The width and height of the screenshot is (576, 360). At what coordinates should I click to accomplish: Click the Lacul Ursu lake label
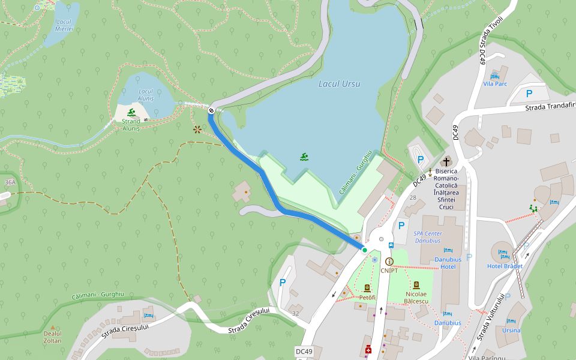coord(340,84)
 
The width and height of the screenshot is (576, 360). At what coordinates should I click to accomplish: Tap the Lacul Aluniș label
coord(146,94)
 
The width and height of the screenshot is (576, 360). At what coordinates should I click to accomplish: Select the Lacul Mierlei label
coord(64,25)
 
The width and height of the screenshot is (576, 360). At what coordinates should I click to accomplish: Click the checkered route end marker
coord(211,110)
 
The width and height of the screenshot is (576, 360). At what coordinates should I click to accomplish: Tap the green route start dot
coord(364,250)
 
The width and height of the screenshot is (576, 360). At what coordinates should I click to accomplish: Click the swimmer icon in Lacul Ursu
coord(305,157)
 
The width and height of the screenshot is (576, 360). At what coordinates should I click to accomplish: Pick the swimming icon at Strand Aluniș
coord(131,112)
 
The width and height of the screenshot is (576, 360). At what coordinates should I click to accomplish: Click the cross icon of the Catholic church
coord(446,161)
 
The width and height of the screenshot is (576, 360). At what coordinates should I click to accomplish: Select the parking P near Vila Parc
coord(529,93)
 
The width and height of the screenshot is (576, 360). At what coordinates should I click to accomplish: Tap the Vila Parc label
coord(495,83)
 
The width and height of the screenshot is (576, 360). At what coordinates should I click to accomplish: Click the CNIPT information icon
coord(389,262)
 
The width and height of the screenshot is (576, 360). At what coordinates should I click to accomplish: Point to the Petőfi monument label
coord(367,298)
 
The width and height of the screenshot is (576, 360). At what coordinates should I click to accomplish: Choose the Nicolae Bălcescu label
coord(416,298)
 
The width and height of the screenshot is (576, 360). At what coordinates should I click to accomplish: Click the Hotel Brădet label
coord(505,266)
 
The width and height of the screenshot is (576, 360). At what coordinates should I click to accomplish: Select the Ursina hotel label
coord(511,330)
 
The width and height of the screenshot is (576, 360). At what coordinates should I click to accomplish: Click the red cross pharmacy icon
coord(368,350)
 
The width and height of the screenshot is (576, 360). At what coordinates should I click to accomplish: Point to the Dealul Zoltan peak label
coord(52,337)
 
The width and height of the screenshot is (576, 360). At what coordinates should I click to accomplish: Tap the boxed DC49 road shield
coord(304,351)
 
